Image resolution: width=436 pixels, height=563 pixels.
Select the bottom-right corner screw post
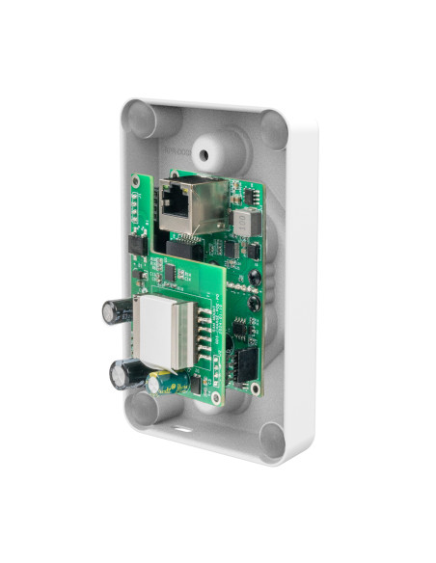click(274, 439)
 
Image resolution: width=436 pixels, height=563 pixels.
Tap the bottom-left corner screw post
click(143, 410)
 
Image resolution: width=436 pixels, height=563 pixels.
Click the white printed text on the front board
click(218, 328)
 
